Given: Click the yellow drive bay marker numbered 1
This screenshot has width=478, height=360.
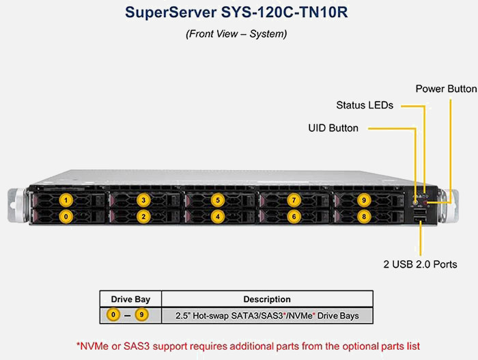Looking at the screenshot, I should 66,200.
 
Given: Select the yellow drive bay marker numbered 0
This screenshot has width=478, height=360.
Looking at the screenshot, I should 66,217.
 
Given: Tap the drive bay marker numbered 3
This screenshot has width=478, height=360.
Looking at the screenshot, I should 143,200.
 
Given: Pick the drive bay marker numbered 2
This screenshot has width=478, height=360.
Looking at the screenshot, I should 143,217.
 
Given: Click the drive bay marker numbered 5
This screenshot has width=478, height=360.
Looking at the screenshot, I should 217,200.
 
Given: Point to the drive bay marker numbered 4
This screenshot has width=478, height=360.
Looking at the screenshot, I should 217,217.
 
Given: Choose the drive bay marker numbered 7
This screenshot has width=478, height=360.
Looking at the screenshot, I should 294,200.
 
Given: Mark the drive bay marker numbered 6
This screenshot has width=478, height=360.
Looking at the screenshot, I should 294,217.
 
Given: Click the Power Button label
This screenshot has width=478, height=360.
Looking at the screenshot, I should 446,89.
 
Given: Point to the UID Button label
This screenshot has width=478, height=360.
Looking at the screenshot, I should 333,128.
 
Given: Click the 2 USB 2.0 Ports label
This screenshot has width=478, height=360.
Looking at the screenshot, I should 419,264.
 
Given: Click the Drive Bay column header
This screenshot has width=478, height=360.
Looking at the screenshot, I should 130,299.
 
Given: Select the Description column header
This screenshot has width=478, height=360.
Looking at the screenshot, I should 267,299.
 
